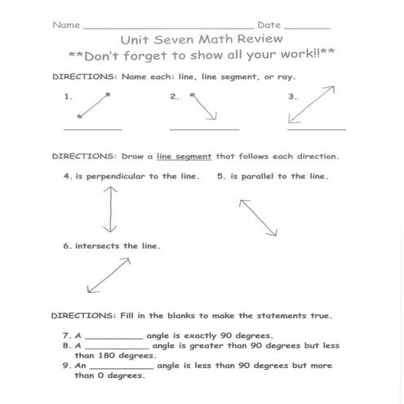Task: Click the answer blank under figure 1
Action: (92, 129)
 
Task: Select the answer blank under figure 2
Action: (204, 129)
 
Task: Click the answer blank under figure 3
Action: (316, 129)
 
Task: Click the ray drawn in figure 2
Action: (204, 107)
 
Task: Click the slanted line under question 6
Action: (109, 275)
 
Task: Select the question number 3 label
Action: (291, 96)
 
